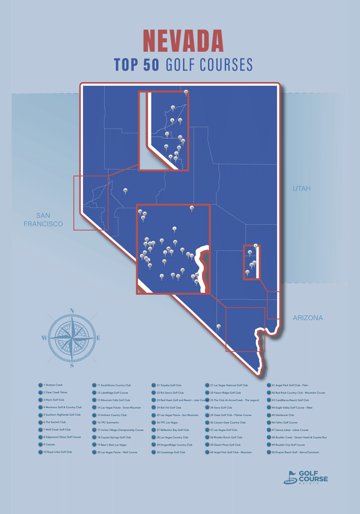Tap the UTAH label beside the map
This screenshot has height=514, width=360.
(x=301, y=188)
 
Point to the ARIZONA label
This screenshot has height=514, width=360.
(x=307, y=318)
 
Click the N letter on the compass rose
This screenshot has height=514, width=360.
(x=72, y=311)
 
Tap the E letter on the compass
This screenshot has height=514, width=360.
(x=98, y=338)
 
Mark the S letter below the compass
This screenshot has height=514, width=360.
(x=72, y=366)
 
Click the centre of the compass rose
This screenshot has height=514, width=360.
(x=72, y=338)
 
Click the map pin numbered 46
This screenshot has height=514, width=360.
(x=125, y=190)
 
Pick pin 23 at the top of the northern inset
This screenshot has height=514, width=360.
(x=186, y=92)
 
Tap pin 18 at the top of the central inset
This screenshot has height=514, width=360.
(x=191, y=208)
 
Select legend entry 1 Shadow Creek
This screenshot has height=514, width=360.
(x=54, y=385)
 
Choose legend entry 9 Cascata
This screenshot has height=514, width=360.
(x=49, y=444)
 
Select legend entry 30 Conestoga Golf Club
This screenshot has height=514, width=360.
(x=170, y=452)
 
